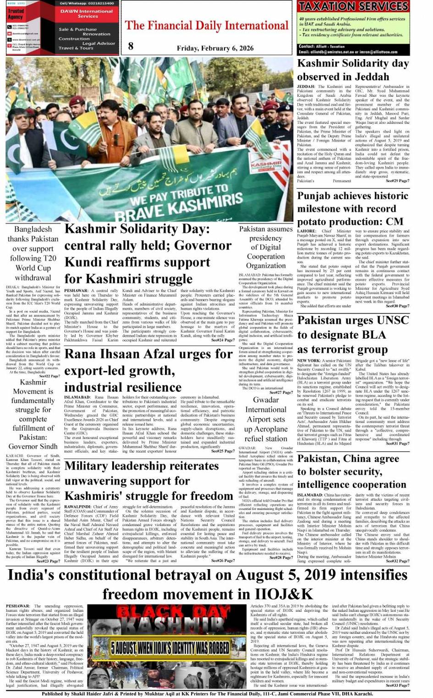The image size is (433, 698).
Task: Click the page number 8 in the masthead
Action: pyautogui.click(x=131, y=45)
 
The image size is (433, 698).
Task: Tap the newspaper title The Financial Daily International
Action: pyautogui.click(x=207, y=25)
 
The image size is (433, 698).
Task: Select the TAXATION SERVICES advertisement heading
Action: pyautogui.click(x=353, y=6)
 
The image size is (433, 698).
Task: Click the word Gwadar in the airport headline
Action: pyautogui.click(x=266, y=400)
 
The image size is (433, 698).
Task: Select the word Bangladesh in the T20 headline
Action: pyautogui.click(x=33, y=229)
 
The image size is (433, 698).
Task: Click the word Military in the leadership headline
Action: pyautogui.click(x=91, y=466)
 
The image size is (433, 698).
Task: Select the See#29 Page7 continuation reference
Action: pyautogui.click(x=397, y=181)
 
